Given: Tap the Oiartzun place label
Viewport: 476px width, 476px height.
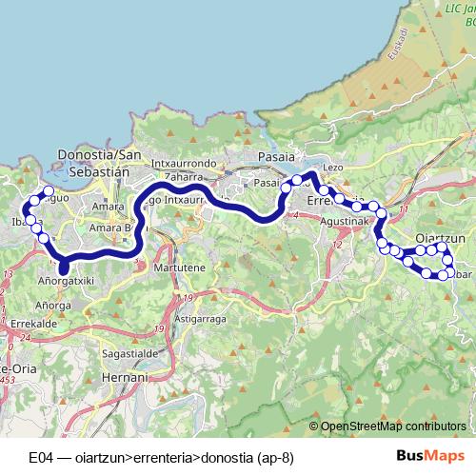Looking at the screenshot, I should point(441,238).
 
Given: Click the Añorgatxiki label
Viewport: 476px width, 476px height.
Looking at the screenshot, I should point(67,282).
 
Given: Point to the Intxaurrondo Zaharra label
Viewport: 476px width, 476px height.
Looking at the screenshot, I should point(183,169).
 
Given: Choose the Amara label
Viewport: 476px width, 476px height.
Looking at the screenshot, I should point(104,205).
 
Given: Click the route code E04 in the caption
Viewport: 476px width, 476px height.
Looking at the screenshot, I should point(39,456).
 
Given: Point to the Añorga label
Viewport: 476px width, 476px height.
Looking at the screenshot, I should point(53,306).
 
